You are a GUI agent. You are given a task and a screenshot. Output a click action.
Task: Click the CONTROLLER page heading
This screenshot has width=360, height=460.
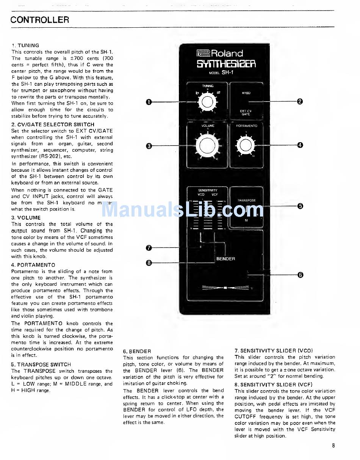[x=40, y=20]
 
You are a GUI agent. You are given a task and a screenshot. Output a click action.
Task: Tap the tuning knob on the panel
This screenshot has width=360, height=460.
[x=206, y=102]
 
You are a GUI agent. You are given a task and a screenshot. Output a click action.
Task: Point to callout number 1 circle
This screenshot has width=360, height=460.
[x=149, y=102]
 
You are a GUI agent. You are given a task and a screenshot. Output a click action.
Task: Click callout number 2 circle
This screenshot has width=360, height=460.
[x=300, y=101]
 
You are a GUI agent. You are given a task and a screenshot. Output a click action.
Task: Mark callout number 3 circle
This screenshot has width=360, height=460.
[x=149, y=146]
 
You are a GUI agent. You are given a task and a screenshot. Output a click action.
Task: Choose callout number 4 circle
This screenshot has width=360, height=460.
[x=300, y=145]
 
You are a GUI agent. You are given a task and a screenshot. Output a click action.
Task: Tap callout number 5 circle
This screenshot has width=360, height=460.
[x=300, y=206]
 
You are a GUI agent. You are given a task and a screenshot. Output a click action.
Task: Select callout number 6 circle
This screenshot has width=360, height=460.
[x=300, y=275]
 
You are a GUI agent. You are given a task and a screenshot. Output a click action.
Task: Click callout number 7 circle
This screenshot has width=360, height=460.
[x=149, y=248]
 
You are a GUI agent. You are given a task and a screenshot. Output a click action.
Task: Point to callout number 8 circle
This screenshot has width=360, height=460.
[x=149, y=262]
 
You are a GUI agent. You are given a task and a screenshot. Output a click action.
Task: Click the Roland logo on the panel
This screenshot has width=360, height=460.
[x=220, y=53]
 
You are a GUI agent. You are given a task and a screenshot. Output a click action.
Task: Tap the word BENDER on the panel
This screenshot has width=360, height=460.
[x=225, y=259]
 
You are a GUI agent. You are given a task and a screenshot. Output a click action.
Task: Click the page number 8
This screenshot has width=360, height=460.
[x=333, y=446]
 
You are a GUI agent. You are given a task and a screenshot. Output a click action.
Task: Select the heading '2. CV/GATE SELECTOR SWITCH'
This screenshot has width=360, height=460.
[x=53, y=124]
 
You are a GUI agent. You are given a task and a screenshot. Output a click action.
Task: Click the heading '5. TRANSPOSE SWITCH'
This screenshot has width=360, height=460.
[x=41, y=364]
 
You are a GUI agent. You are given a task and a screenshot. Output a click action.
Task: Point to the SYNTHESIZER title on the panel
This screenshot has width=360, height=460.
[x=226, y=64]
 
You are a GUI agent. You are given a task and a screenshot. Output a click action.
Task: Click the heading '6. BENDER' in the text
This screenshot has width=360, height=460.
[x=137, y=351]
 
